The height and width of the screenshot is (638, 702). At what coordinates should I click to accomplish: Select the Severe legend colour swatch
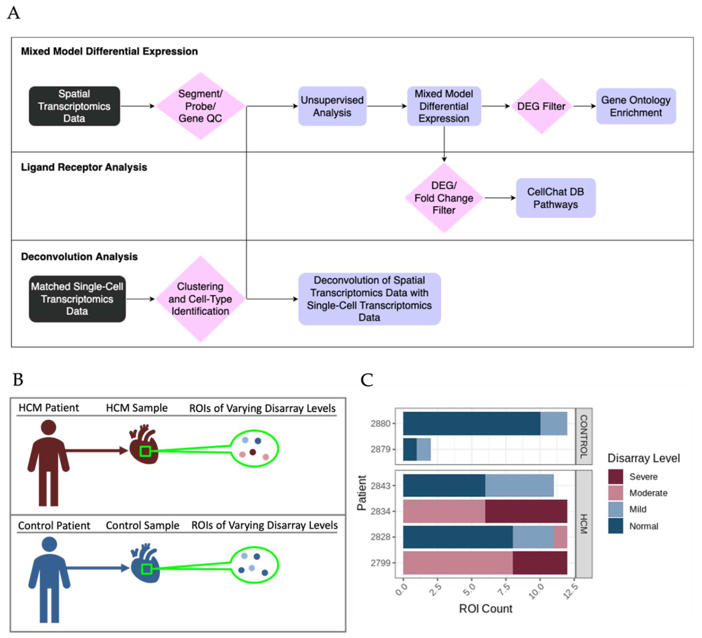point(615,476)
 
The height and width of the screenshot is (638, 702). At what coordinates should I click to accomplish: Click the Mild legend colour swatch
point(615,509)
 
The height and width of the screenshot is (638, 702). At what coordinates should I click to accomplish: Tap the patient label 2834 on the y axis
point(380,511)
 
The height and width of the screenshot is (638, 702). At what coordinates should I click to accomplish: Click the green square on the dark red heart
point(145,451)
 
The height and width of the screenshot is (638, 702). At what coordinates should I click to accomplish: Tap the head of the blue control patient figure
point(49,544)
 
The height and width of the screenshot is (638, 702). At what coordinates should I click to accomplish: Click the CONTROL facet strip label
point(584,436)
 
